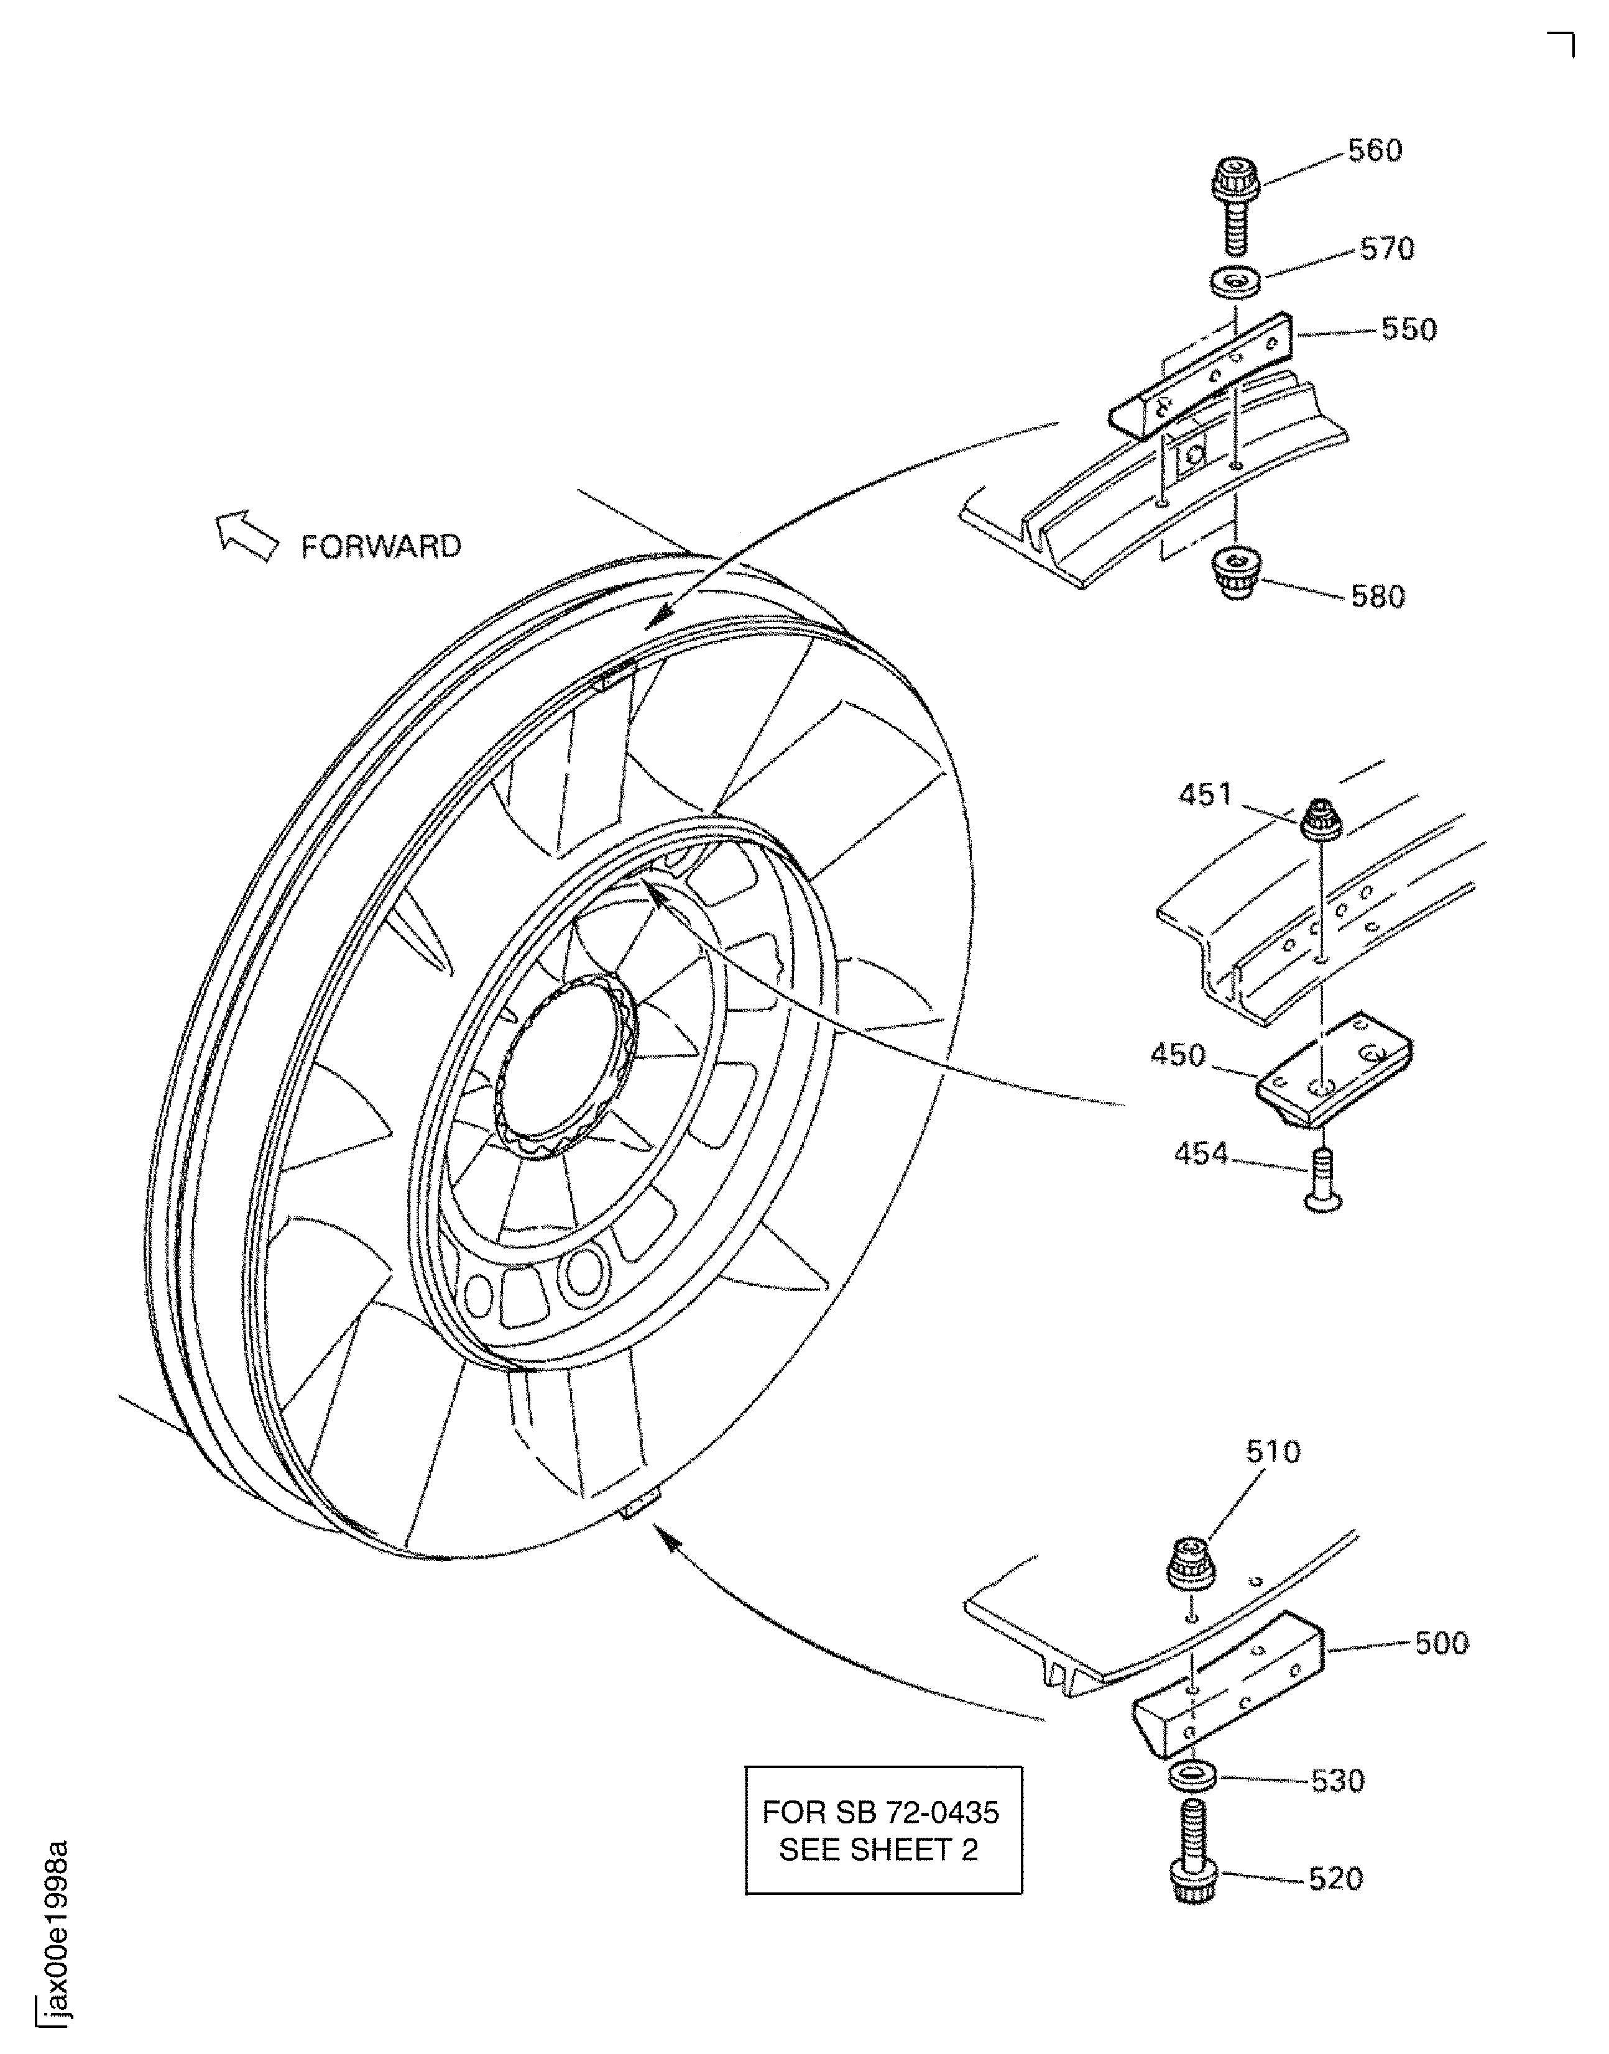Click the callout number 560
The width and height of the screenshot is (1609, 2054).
coord(1375,150)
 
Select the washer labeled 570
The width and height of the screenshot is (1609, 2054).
coord(1235,283)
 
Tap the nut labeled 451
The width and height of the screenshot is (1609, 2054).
coord(1321,818)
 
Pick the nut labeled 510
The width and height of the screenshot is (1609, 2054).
coord(1192,1562)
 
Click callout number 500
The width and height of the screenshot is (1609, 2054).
coord(1441,1643)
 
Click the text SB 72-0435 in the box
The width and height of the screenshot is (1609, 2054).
coord(916,1812)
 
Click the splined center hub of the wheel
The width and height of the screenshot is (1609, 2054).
coord(565,1064)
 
